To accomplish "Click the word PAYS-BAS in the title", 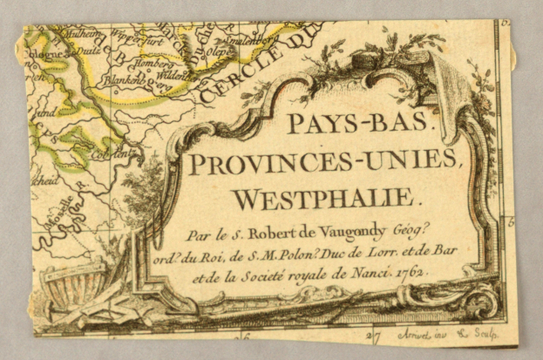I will [358, 125].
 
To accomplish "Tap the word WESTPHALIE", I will [327, 199].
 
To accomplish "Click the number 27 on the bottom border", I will [375, 334].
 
